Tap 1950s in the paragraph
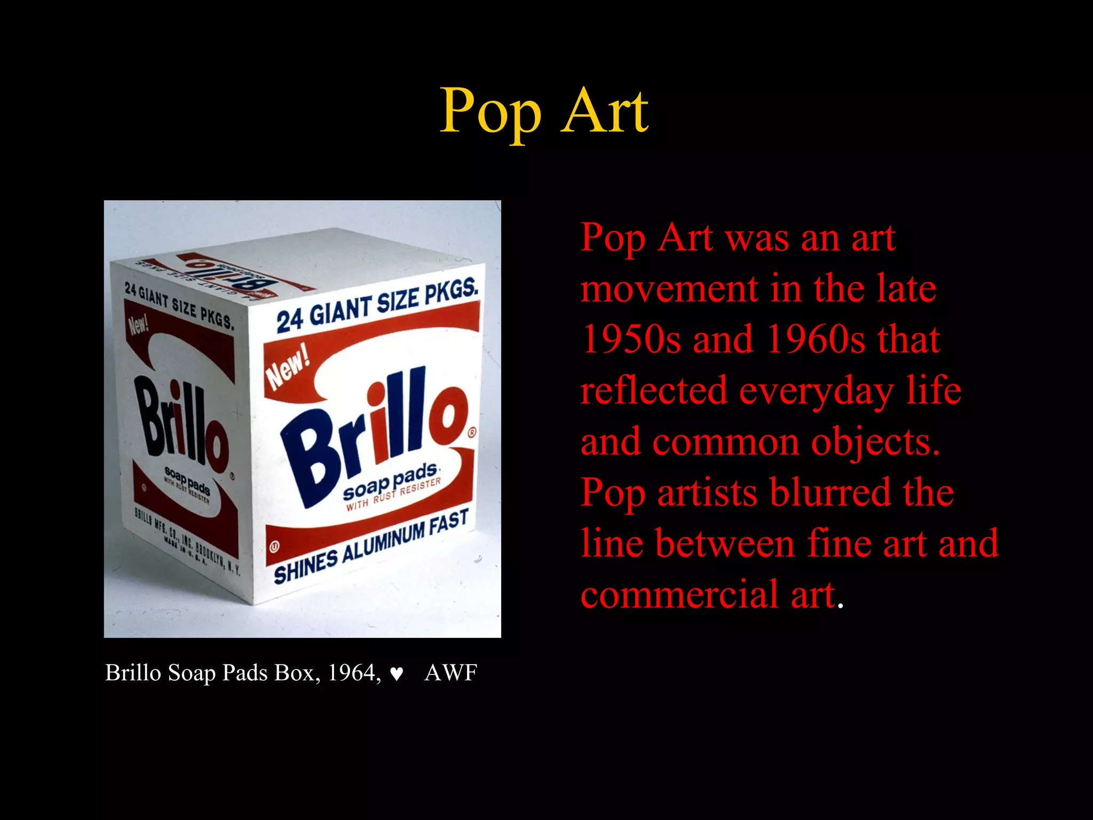631,340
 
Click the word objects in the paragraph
875,443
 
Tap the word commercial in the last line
679,594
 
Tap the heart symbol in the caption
396,674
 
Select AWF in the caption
450,673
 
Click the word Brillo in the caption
133,673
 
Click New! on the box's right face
288,367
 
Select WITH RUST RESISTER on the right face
393,494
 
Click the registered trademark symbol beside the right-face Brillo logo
472,432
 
